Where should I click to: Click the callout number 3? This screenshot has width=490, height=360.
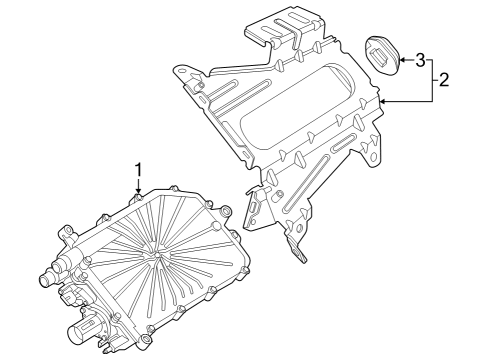click(420, 58)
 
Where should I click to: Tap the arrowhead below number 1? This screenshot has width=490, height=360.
click(140, 193)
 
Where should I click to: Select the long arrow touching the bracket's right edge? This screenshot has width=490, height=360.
click(405, 101)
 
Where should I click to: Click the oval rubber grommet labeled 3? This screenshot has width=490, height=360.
click(380, 54)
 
